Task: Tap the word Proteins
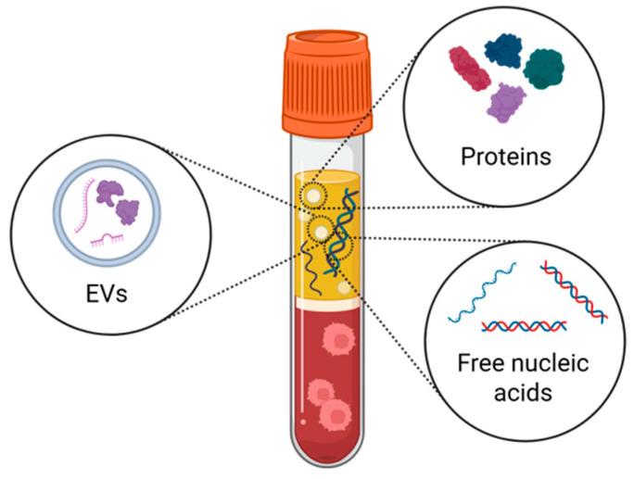[x=505, y=156]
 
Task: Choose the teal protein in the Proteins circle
[x=546, y=67]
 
